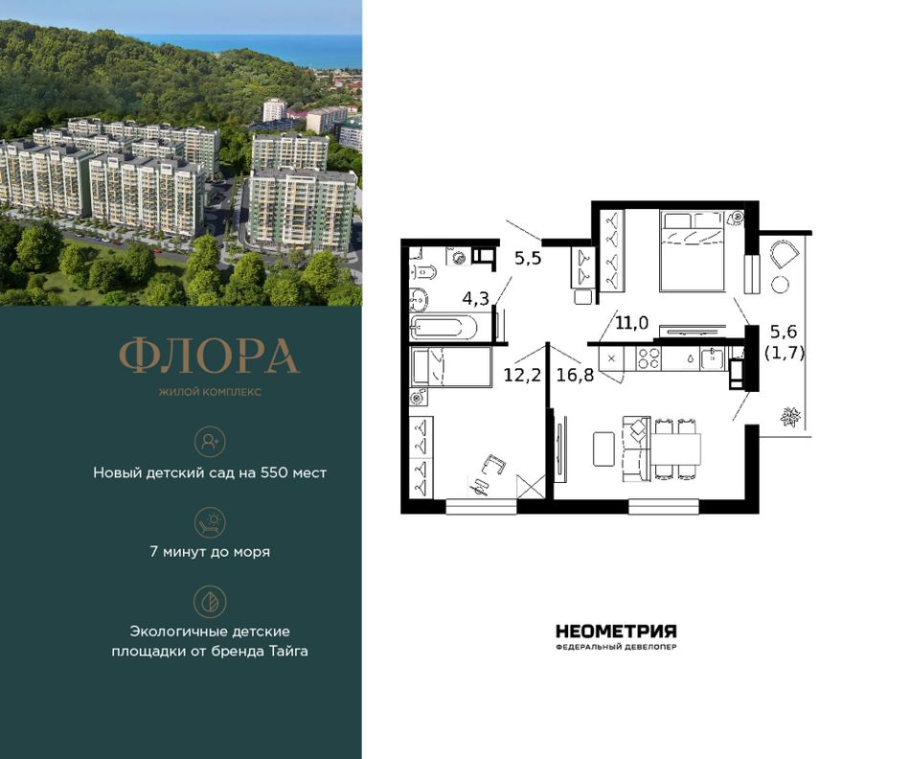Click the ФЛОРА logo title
(210, 356)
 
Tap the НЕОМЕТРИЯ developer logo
(616, 631)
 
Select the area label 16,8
(575, 375)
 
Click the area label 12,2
(522, 375)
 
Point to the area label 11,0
(631, 323)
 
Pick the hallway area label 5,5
(528, 258)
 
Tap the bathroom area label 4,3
(475, 298)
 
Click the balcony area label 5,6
(784, 332)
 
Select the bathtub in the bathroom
(444, 327)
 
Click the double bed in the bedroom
(693, 251)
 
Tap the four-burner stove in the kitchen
(648, 358)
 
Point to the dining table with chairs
(676, 448)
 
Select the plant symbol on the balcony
(790, 416)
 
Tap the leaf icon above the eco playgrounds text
(210, 601)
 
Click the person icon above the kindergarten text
(210, 442)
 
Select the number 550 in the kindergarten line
(275, 472)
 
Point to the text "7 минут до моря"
(210, 552)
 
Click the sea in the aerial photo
(256, 50)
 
